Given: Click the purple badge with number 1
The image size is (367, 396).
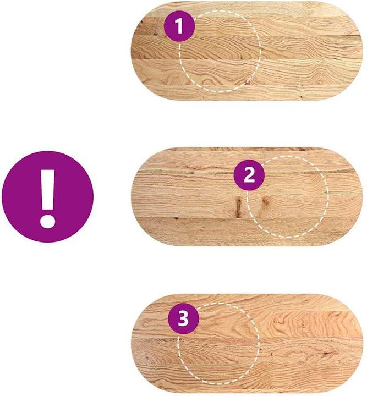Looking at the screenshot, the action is [x=179, y=26].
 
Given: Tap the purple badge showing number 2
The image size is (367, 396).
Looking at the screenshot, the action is [x=249, y=175].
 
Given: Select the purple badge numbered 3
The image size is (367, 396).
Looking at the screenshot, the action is [x=184, y=318].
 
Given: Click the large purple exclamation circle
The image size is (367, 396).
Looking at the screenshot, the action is [x=48, y=197].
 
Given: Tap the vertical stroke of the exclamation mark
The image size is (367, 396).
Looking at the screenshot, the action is [x=48, y=190].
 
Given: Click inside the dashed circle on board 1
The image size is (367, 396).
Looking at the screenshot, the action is [x=220, y=51].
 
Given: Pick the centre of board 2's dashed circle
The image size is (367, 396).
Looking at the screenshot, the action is [x=288, y=196].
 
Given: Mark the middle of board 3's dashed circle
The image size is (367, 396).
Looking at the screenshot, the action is [x=219, y=343].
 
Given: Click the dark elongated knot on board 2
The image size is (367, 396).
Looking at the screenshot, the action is [x=238, y=207].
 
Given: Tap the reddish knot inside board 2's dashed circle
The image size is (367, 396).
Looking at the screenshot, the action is [x=265, y=201].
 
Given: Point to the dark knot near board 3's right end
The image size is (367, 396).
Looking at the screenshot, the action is [x=327, y=353].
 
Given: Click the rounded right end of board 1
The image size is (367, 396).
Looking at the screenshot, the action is [x=359, y=51].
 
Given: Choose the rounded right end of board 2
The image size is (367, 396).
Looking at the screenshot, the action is [x=358, y=196].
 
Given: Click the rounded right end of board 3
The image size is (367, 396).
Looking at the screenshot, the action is [x=358, y=343].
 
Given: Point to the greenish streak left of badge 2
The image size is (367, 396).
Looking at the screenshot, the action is [x=164, y=171].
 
